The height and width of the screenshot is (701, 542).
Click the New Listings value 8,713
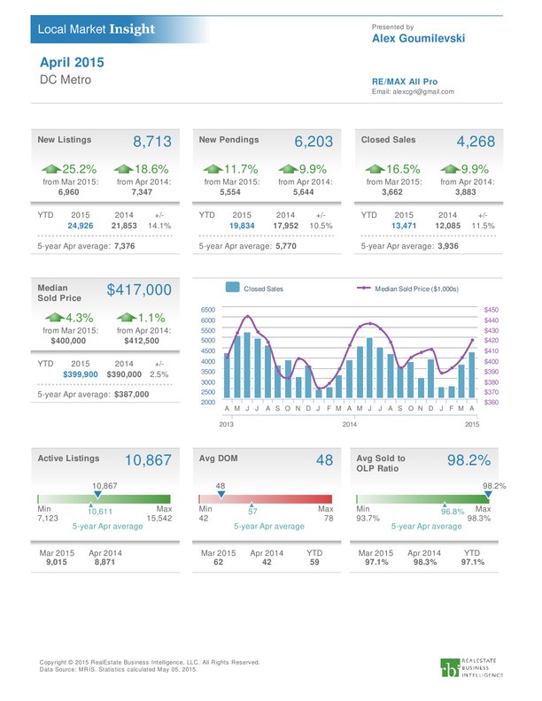[x=152, y=142]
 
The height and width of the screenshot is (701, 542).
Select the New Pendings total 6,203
[x=314, y=142]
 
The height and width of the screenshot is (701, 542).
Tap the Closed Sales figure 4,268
[x=476, y=142]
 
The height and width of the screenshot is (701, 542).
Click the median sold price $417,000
[x=139, y=289]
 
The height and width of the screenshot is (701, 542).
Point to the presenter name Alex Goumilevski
[x=419, y=38]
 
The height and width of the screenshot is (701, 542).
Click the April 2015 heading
[x=72, y=62]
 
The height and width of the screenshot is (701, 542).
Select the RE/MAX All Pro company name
[x=405, y=81]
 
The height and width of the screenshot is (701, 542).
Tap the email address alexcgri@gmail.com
[x=423, y=92]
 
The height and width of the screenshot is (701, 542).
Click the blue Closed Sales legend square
[x=233, y=288]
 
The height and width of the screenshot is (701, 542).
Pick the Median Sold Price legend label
[x=416, y=289]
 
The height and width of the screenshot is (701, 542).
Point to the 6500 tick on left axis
[x=208, y=310]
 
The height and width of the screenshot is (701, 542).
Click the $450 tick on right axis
[x=491, y=310]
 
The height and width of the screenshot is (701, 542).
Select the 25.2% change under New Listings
[x=79, y=169]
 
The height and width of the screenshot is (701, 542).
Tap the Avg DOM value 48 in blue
[x=325, y=460]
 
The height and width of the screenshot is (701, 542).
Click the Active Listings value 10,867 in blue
[x=148, y=460]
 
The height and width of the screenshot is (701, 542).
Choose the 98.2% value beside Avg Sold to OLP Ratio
[x=468, y=460]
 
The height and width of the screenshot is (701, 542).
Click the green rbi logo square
[x=450, y=667]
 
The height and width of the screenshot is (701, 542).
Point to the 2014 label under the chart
[x=349, y=424]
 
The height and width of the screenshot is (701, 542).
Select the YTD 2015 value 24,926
[x=81, y=226]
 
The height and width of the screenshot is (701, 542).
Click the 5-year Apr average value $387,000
[x=131, y=395]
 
